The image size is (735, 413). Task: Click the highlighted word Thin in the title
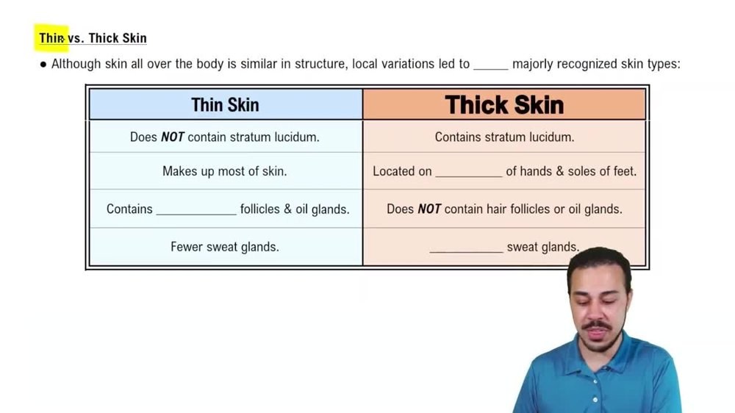click(x=51, y=38)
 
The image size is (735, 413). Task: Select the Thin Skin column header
click(x=225, y=105)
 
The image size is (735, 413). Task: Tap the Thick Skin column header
click(x=504, y=105)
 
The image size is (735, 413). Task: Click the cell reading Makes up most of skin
click(x=225, y=171)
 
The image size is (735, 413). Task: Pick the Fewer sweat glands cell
click(x=225, y=247)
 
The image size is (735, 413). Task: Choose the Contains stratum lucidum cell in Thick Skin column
click(x=504, y=137)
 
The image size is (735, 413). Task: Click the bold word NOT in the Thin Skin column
click(x=172, y=137)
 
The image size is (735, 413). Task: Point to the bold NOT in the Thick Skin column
click(x=429, y=209)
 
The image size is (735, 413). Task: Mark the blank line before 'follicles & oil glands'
click(x=196, y=212)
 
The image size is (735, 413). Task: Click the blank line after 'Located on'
click(x=469, y=175)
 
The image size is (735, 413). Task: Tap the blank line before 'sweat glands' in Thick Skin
click(x=466, y=251)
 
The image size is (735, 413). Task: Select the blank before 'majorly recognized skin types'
click(x=490, y=67)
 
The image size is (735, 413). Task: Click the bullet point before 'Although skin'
click(x=43, y=64)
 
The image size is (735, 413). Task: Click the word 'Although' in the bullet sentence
click(x=76, y=64)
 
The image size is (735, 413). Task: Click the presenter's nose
click(x=596, y=309)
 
